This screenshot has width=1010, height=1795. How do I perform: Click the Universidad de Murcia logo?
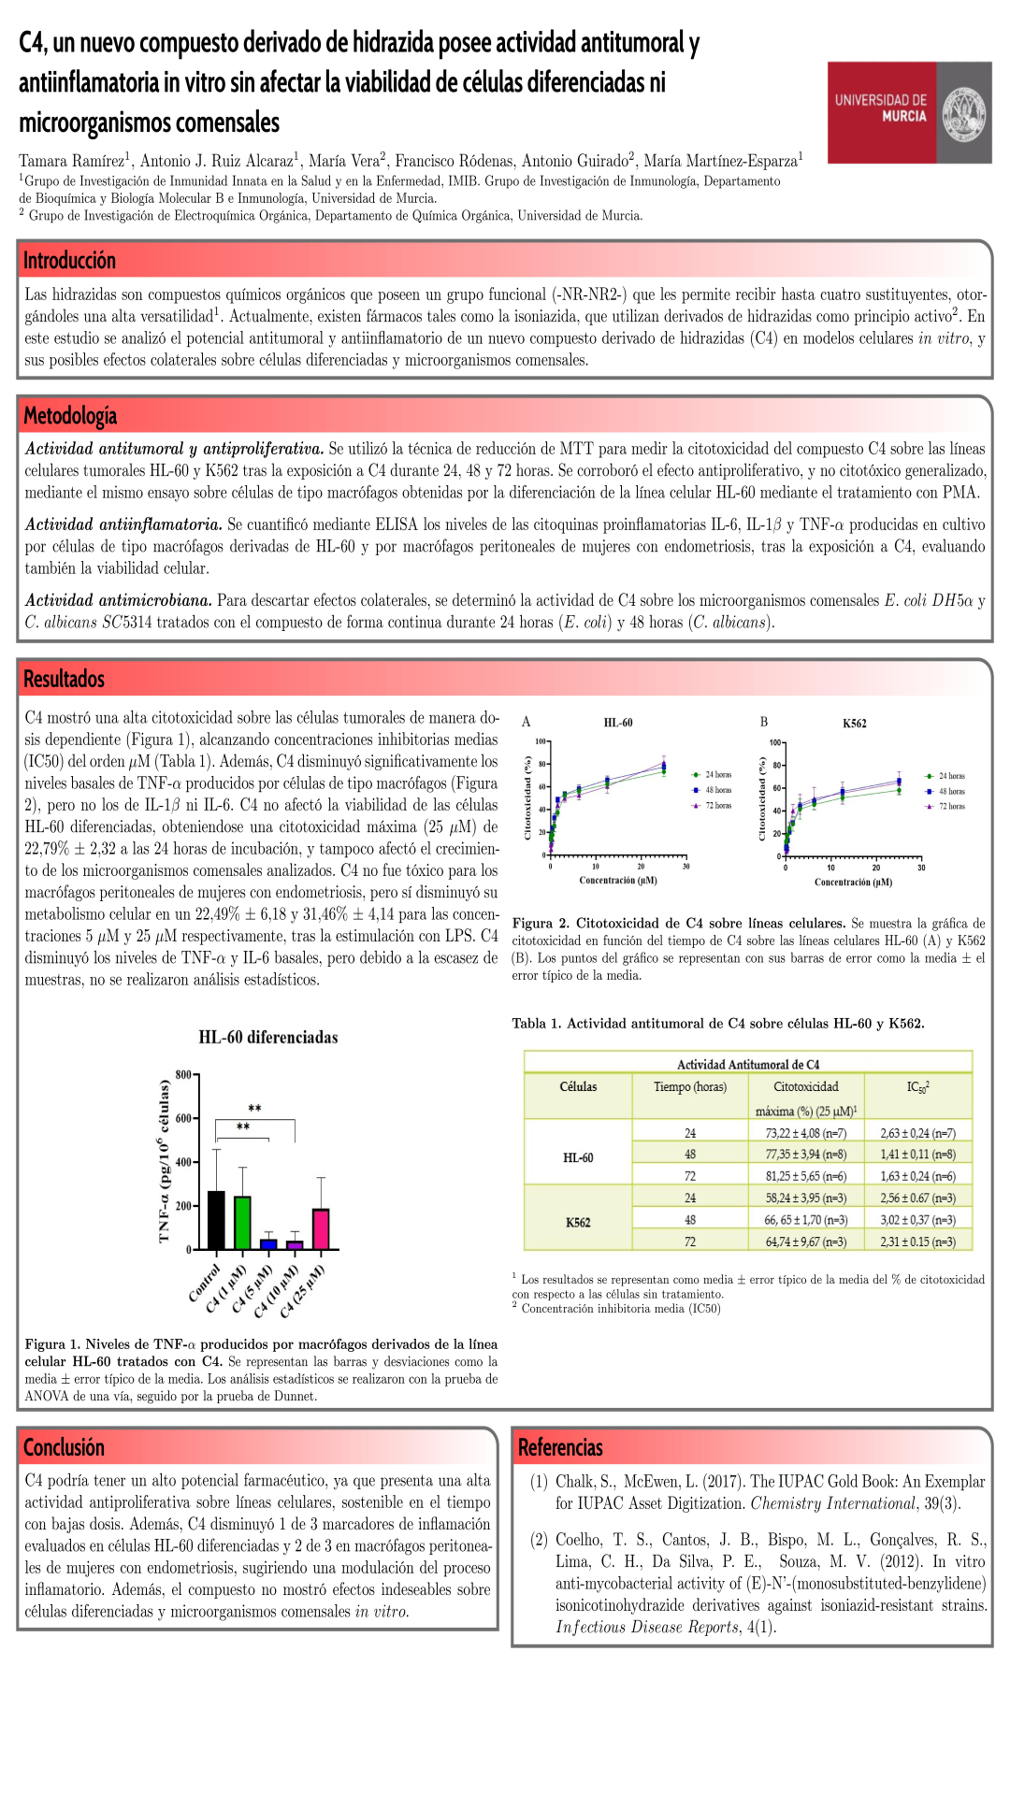point(909,112)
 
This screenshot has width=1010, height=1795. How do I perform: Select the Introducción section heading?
point(69,261)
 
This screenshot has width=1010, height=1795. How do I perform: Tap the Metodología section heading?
point(70,415)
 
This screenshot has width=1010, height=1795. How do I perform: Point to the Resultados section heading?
point(64,679)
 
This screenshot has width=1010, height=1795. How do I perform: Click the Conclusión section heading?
point(64,1447)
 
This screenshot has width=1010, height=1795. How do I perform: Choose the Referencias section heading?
point(560,1447)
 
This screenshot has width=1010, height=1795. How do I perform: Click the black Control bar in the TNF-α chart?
point(216,1220)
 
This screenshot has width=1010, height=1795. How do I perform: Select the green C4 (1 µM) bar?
point(242,1223)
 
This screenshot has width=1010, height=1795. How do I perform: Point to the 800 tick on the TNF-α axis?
point(183,1074)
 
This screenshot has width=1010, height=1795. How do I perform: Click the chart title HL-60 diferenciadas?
point(268,1037)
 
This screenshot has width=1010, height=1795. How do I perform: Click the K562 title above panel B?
point(855,723)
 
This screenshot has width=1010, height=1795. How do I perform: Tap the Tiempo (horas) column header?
point(690,1086)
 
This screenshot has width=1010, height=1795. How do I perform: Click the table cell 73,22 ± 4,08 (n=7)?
point(805,1133)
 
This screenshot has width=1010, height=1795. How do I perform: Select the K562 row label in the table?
point(578,1222)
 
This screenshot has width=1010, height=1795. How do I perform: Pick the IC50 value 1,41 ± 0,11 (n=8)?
point(917,1155)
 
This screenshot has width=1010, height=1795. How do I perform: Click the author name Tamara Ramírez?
point(72,161)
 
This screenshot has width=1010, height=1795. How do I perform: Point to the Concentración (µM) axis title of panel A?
point(618,880)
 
